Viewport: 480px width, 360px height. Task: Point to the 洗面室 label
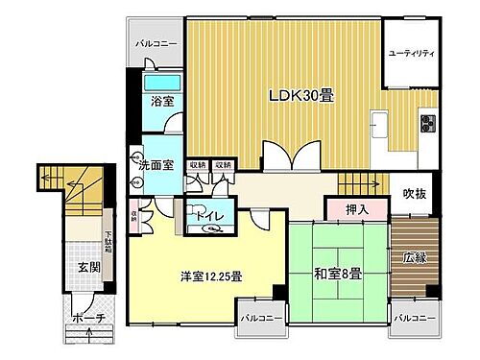[x=154, y=165]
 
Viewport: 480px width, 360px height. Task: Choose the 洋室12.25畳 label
[x=210, y=276]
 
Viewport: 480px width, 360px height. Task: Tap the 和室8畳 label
[x=335, y=274]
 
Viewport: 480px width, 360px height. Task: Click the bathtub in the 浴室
[x=158, y=81]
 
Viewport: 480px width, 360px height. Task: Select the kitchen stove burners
[x=427, y=122]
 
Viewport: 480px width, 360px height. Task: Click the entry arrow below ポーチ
[x=88, y=335]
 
